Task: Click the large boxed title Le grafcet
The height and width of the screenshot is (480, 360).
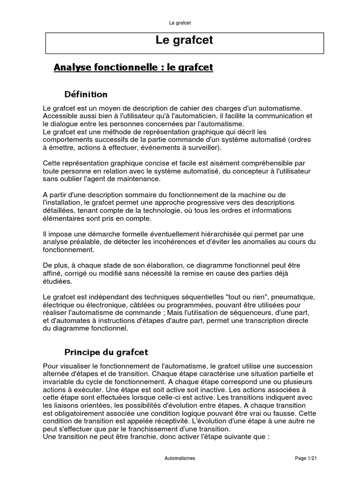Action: (184, 41)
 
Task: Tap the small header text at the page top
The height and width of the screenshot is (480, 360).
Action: (180, 22)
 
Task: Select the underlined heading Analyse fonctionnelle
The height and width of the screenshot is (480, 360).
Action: (134, 67)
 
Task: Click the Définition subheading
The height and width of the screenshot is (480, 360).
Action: (86, 94)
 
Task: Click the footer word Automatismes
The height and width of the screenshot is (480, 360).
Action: (180, 458)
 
